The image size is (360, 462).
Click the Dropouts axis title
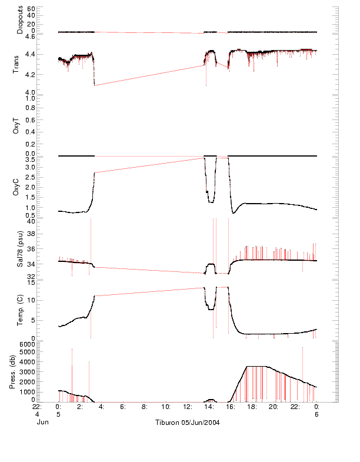pos(20,20)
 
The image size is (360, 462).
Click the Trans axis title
pos(16,64)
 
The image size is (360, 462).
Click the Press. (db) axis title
pos(16,372)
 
